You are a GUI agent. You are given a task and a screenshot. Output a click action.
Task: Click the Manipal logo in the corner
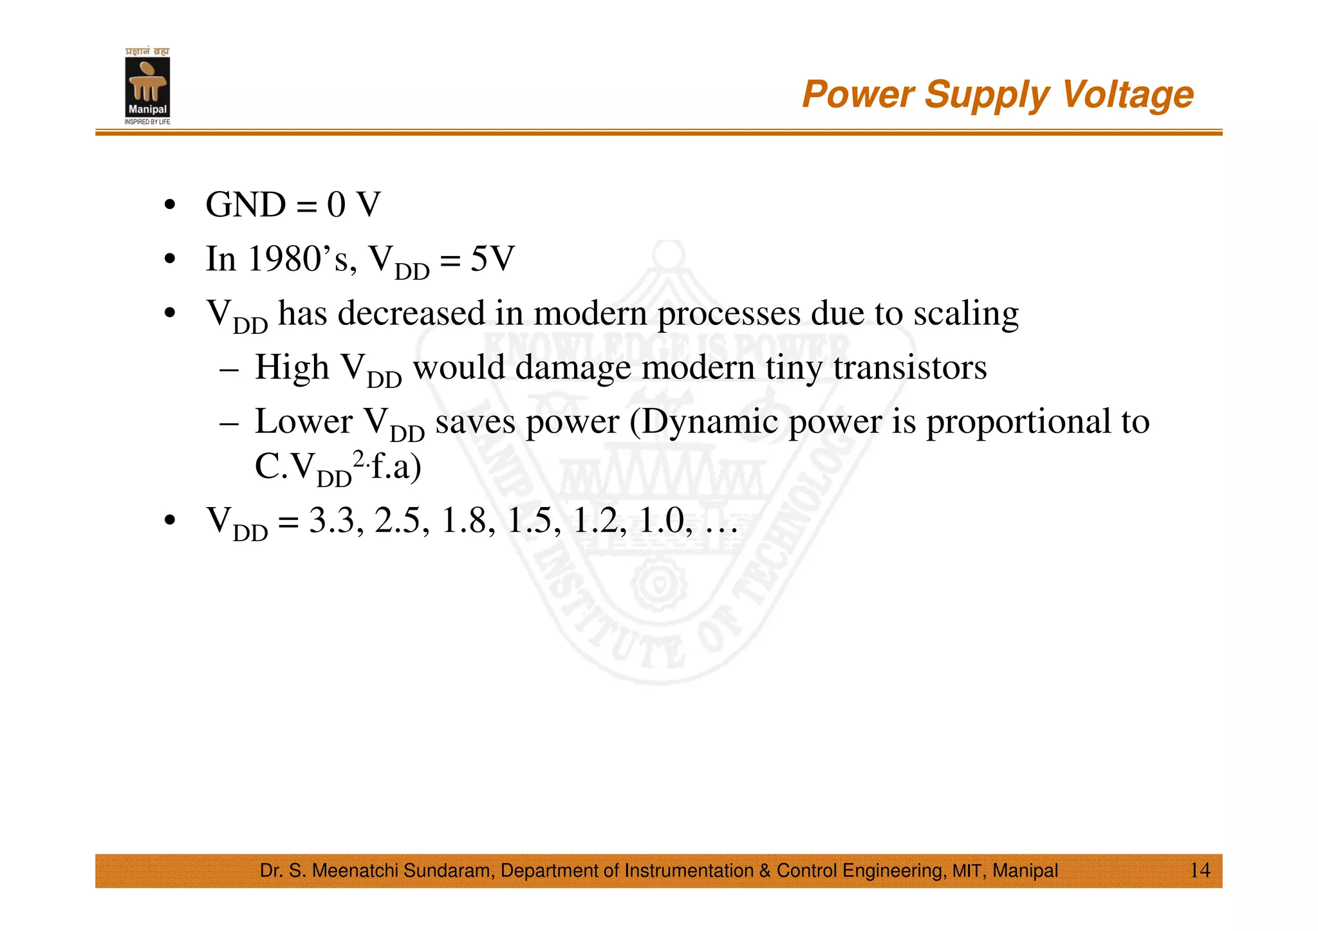pyautogui.click(x=147, y=87)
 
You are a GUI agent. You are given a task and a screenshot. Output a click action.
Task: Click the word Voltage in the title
pyautogui.click(x=1128, y=95)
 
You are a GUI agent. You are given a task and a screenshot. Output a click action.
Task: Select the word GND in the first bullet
pyautogui.click(x=245, y=205)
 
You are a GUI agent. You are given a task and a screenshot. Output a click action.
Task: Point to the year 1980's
pyautogui.click(x=299, y=259)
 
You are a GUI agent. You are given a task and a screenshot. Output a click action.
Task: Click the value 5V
pyautogui.click(x=492, y=259)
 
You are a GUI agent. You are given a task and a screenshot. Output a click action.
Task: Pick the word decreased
pyautogui.click(x=412, y=313)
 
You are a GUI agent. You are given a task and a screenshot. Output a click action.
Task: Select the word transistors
pyautogui.click(x=910, y=367)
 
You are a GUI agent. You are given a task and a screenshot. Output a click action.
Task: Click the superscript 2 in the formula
pyautogui.click(x=358, y=458)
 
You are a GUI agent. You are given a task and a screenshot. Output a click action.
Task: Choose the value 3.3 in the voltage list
pyautogui.click(x=331, y=521)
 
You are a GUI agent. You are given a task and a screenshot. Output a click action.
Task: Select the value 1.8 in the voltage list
pyautogui.click(x=464, y=521)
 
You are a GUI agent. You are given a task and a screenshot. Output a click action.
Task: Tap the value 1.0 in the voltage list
pyautogui.click(x=661, y=521)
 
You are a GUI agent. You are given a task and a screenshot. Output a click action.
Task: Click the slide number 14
pyautogui.click(x=1200, y=870)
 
